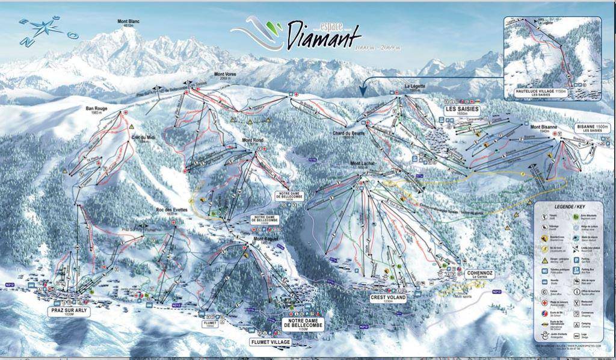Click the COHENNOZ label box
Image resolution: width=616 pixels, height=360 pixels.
(x=479, y=274)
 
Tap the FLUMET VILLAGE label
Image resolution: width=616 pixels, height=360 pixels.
(x=270, y=342)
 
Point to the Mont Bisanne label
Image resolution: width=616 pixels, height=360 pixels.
(x=544, y=127)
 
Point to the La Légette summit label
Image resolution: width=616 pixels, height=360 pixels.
(x=414, y=87)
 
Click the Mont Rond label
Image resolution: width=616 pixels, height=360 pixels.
(x=253, y=141)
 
